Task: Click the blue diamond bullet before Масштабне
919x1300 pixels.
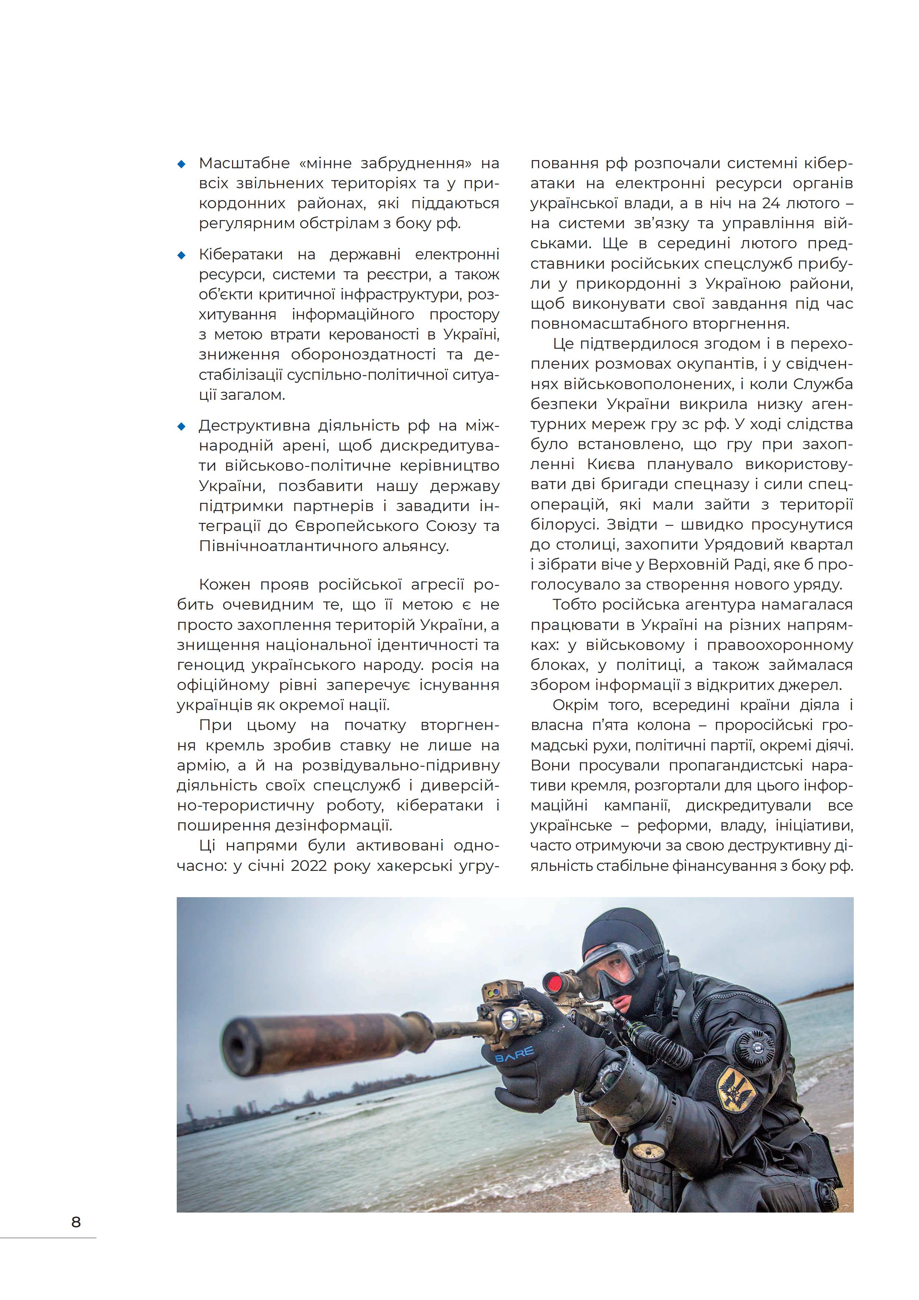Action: [182, 164]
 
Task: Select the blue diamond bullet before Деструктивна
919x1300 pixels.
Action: [182, 426]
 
